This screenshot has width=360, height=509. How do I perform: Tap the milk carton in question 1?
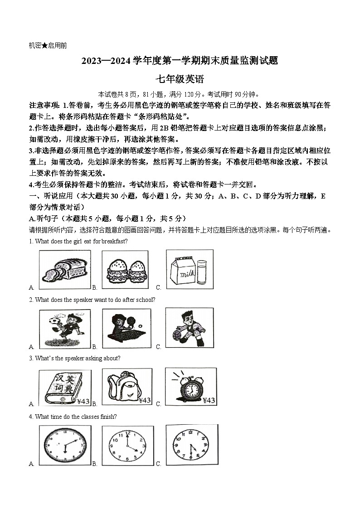pyautogui.click(x=182, y=270)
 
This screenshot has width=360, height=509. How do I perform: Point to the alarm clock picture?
pyautogui.click(x=190, y=385)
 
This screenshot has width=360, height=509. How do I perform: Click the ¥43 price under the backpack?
pyautogui.click(x=144, y=400)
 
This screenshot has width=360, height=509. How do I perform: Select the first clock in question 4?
pyautogui.click(x=65, y=445)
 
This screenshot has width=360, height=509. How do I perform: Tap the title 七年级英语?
pyautogui.click(x=180, y=80)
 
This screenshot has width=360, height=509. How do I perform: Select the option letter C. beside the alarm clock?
pyautogui.click(x=159, y=404)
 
